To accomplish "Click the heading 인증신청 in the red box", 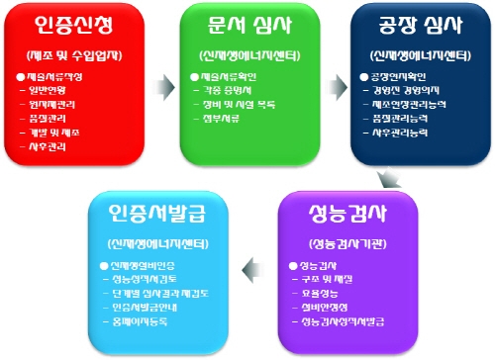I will click(x=77, y=22).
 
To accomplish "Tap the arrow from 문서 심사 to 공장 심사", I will click(x=334, y=74).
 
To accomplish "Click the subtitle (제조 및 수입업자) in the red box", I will click(x=77, y=52).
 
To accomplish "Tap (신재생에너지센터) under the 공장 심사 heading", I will click(x=411, y=52).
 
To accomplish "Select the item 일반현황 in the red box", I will click(x=55, y=89).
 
